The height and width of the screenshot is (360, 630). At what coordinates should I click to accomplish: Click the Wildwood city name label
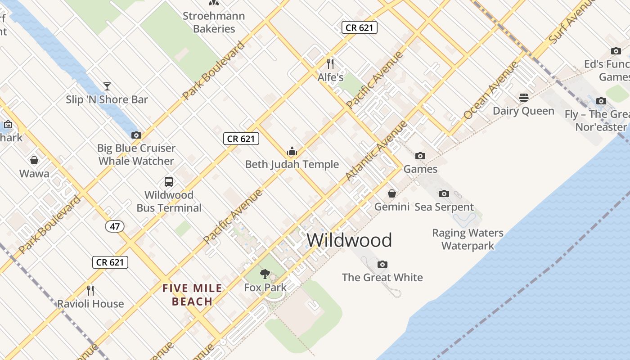point(349,240)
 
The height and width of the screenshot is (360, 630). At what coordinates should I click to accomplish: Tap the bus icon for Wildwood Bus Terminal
point(169,182)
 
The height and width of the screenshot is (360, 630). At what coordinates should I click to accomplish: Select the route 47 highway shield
point(115,226)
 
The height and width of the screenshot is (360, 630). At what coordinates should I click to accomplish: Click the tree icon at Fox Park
point(265,274)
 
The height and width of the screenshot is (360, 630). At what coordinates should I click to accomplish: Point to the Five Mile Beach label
point(193,295)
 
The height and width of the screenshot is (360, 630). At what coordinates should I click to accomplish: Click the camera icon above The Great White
point(382,264)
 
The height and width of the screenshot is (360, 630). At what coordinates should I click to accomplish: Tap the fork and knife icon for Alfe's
point(330,63)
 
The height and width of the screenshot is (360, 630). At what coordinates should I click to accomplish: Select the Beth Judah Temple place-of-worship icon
point(292,151)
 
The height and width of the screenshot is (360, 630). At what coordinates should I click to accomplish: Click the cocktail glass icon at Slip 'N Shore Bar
point(107,86)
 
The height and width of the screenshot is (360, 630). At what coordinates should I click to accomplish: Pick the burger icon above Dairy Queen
point(523,98)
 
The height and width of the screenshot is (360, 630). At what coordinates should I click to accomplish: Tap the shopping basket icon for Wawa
point(34,160)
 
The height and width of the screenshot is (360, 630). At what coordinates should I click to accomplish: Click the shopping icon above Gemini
point(392,193)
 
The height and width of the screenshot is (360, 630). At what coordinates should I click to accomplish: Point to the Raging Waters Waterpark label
point(468,239)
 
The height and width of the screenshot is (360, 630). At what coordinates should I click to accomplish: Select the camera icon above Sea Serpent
point(444,193)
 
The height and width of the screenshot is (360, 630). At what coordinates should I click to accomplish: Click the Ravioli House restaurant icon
point(90,290)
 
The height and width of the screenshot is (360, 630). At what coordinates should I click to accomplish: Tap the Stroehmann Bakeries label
point(214,22)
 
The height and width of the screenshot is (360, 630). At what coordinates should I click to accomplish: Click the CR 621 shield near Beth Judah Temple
point(242,139)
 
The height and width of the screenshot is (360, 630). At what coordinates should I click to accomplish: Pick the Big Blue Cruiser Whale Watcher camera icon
point(136,135)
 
